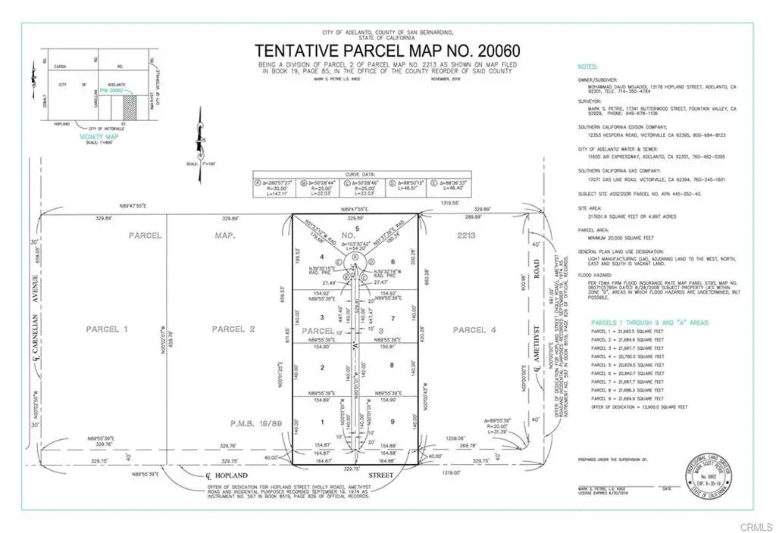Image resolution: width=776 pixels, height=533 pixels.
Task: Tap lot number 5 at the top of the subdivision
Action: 356,229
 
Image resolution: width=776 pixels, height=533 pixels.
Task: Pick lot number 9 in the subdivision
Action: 390,421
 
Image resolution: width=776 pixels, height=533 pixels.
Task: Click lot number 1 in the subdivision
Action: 322,421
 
